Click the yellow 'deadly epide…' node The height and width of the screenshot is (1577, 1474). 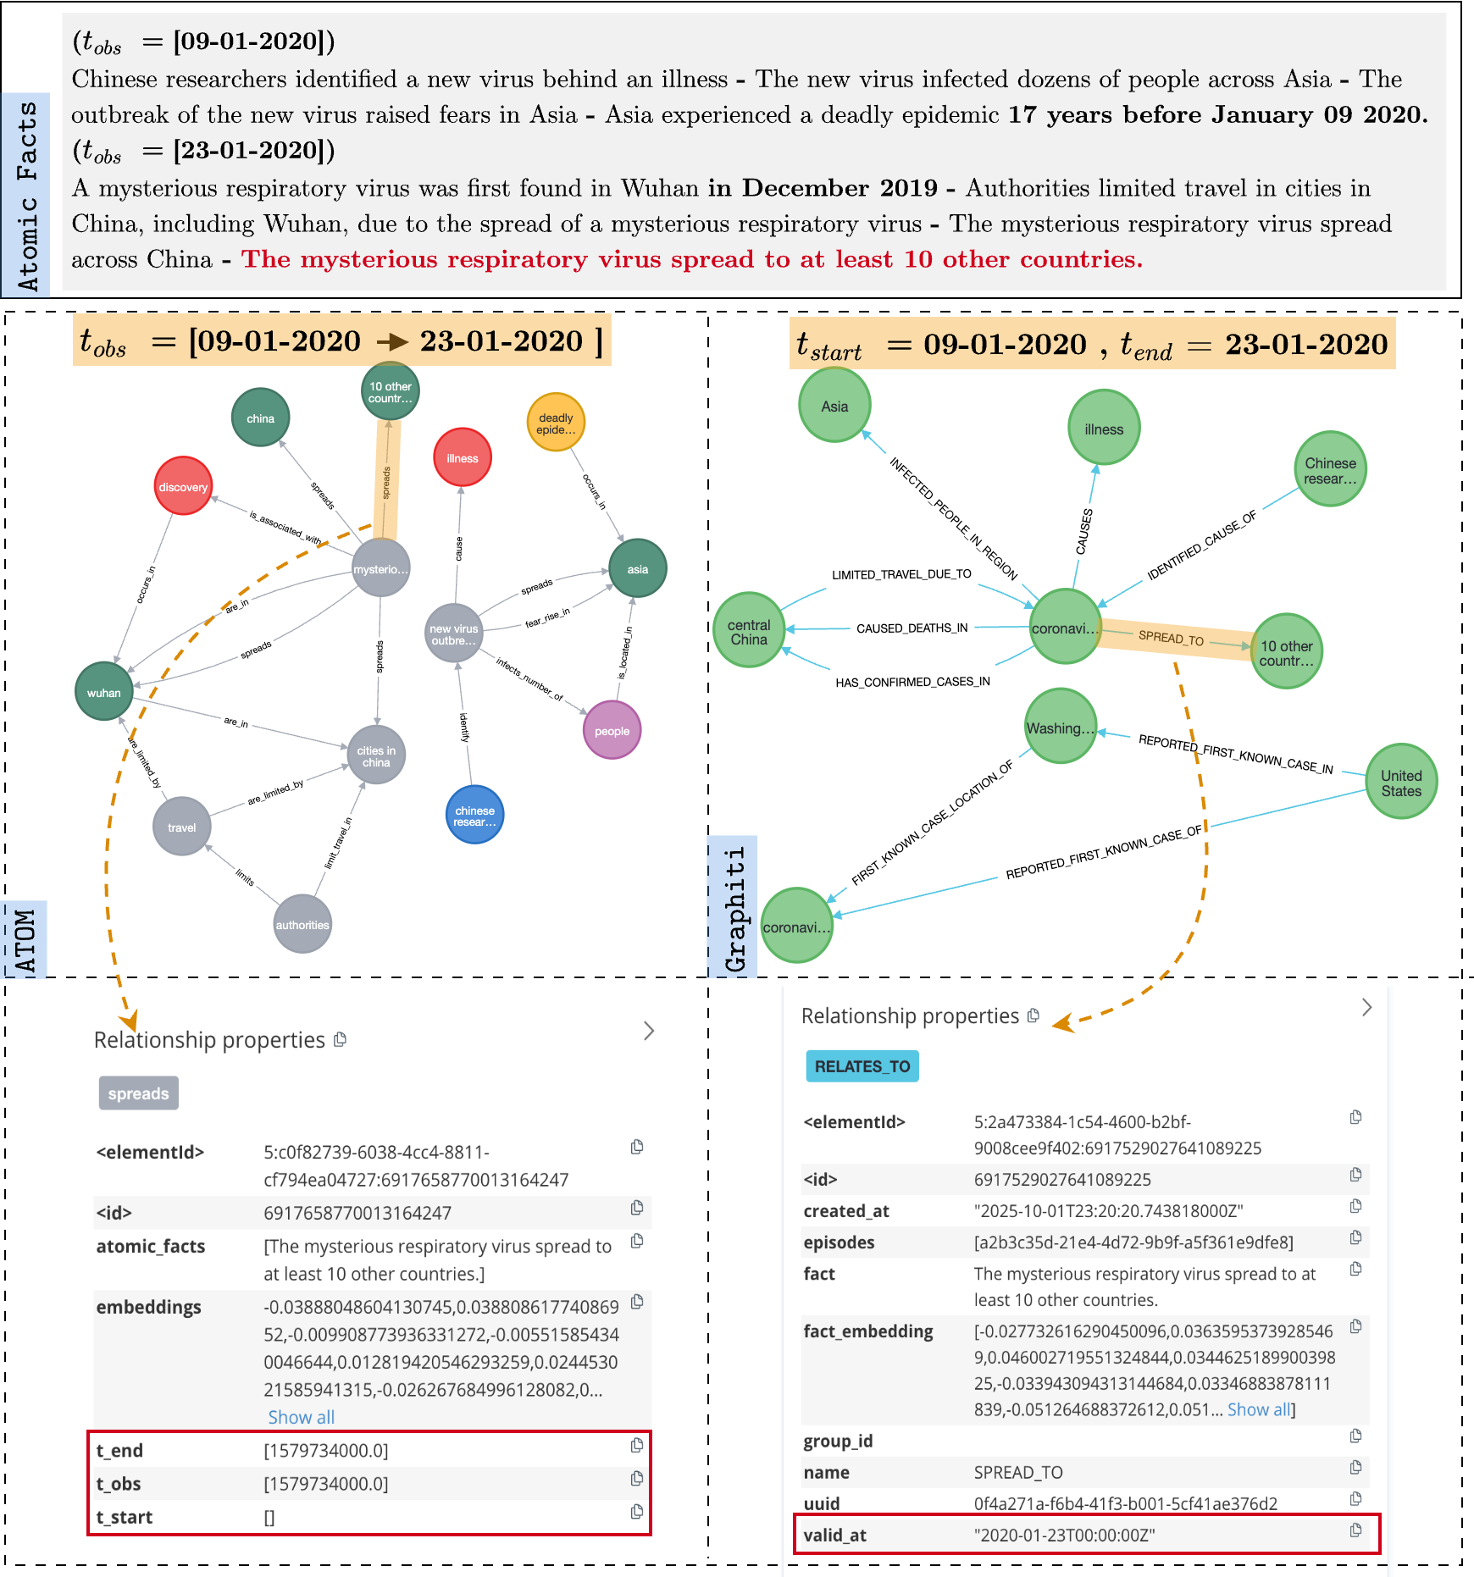[x=556, y=423]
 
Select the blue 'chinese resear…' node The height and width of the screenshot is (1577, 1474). [x=474, y=815]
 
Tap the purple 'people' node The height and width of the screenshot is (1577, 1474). [x=612, y=730]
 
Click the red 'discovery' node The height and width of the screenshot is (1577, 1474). [x=183, y=486]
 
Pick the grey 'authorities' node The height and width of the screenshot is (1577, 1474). [x=302, y=924]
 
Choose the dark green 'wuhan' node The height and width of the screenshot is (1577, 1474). [x=104, y=692]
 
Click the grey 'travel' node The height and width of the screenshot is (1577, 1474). [x=181, y=827]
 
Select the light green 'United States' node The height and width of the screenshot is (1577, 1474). [x=1401, y=782]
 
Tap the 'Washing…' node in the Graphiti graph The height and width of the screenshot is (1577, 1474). [x=1060, y=727]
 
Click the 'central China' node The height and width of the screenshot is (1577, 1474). [x=749, y=631]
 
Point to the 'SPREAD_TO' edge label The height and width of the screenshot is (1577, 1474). [x=1171, y=638]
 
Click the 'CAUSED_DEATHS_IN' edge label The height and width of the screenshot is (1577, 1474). [x=912, y=628]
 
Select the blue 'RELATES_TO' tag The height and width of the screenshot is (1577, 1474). [x=862, y=1066]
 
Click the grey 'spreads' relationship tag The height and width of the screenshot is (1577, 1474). [x=138, y=1093]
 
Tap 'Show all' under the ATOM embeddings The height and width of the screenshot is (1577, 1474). [x=301, y=1417]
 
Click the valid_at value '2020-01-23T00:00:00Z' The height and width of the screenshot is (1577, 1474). [x=1064, y=1535]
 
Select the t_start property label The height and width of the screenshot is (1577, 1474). [x=125, y=1517]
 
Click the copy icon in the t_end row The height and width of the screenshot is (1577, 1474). [x=637, y=1446]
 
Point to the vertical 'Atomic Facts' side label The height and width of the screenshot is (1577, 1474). [x=27, y=195]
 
